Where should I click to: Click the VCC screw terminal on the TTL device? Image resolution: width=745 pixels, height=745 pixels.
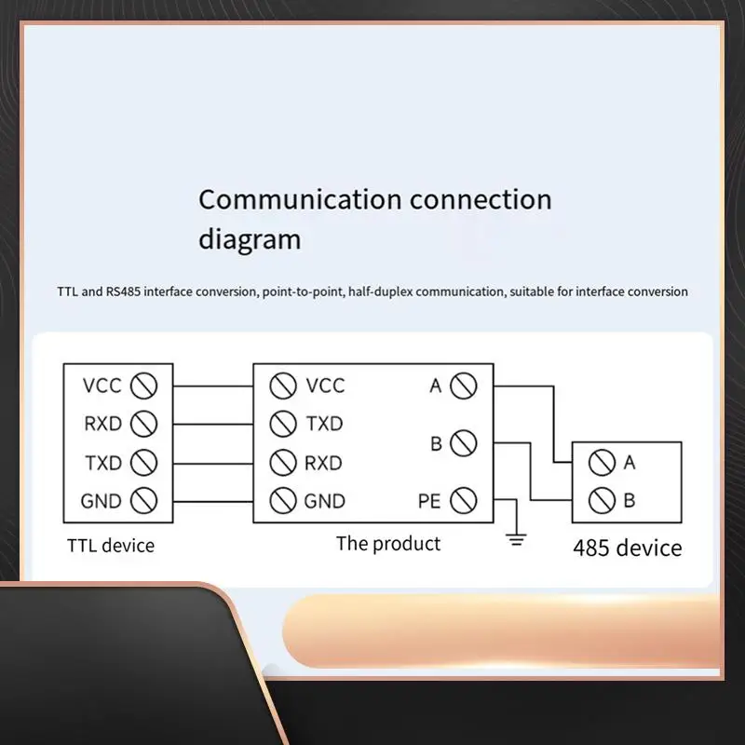coord(143,386)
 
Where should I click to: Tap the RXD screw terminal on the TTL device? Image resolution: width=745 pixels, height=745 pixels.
coord(143,424)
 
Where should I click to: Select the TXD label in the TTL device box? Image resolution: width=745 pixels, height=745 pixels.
coord(102,463)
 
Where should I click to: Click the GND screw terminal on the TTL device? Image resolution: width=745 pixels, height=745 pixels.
coord(143,501)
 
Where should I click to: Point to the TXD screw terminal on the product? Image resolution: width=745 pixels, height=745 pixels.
coord(283,424)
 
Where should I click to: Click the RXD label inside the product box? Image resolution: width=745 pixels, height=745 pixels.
coord(323,463)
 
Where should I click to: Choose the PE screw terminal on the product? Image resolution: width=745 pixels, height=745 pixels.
coord(463,501)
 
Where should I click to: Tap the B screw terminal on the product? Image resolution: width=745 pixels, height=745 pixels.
coord(463,444)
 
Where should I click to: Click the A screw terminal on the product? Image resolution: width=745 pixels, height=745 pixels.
coord(463,386)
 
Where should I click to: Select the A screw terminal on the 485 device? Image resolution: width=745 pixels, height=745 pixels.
coord(602,462)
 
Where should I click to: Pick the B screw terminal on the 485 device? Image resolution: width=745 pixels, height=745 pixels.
coord(602,501)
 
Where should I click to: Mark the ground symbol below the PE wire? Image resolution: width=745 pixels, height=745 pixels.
coord(517,538)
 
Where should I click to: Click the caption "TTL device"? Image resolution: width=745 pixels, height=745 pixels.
coord(111,546)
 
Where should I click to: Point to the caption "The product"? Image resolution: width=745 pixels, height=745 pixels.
coord(388,544)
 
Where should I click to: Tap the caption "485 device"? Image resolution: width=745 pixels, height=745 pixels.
coord(627,548)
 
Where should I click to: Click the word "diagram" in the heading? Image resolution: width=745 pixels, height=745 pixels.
coord(250,239)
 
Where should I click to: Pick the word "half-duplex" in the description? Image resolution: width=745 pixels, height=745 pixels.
coord(383,291)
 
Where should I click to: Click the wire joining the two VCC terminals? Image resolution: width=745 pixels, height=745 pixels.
coord(213,386)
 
